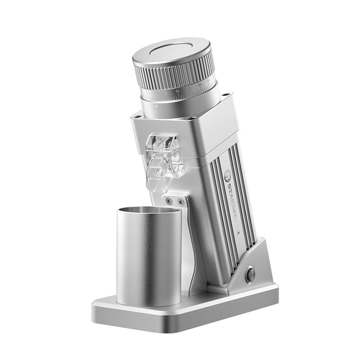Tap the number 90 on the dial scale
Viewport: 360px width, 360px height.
pyautogui.click(x=178, y=91)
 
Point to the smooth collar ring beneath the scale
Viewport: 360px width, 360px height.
pyautogui.click(x=180, y=106)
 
